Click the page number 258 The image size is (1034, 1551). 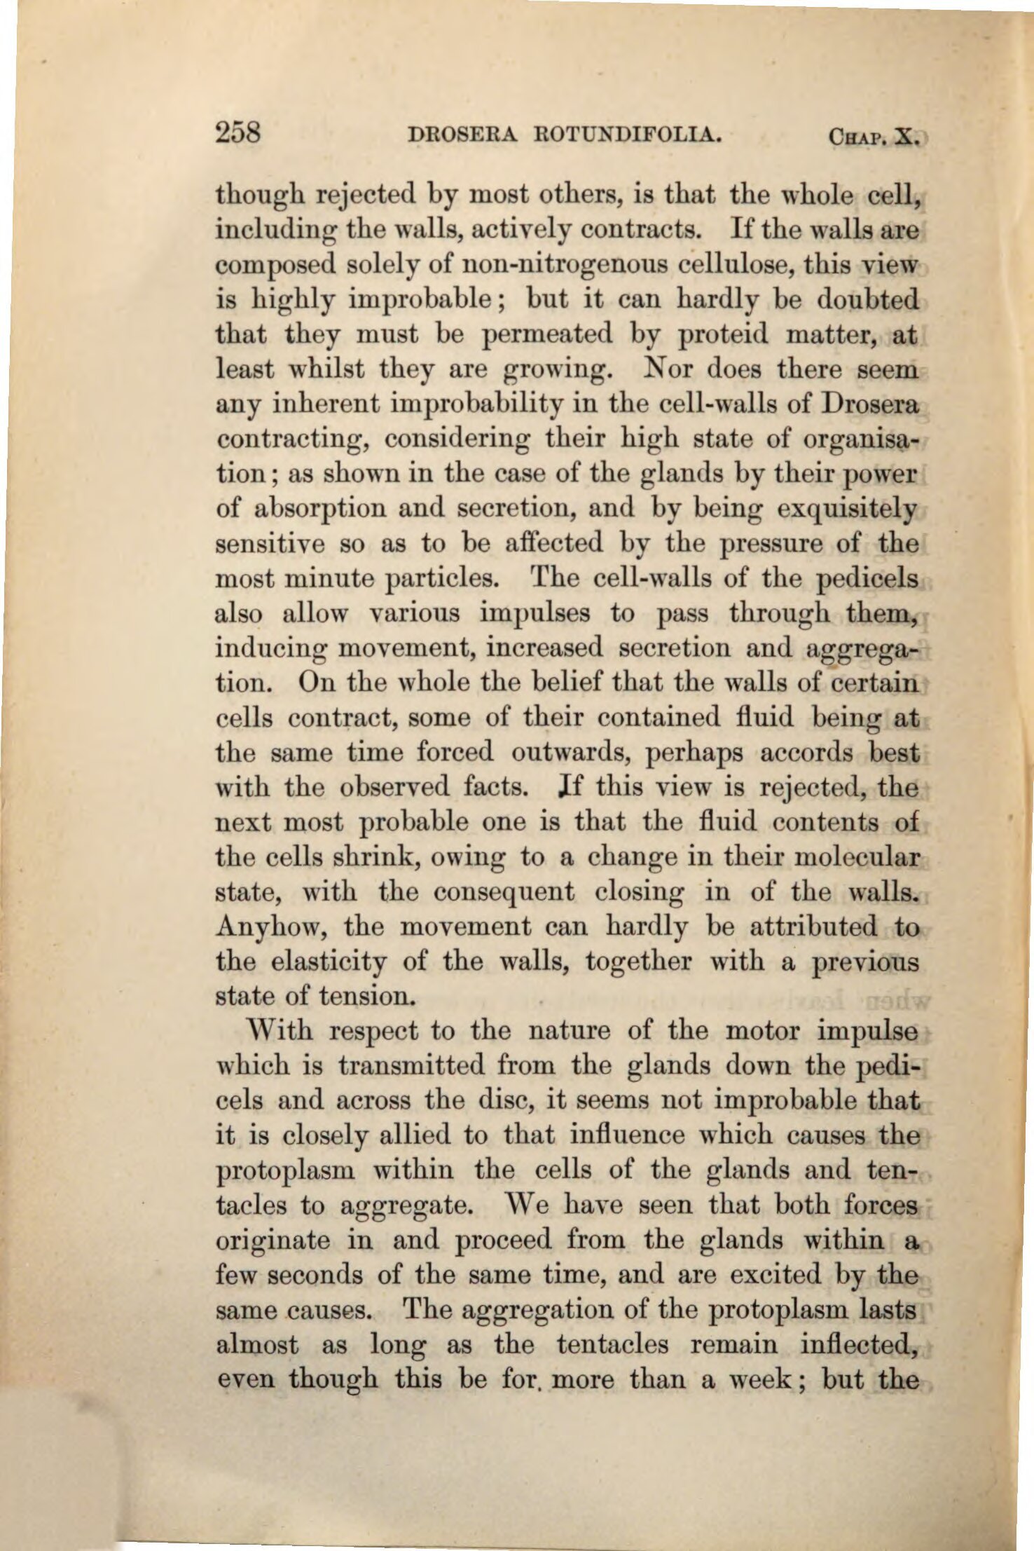point(239,132)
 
